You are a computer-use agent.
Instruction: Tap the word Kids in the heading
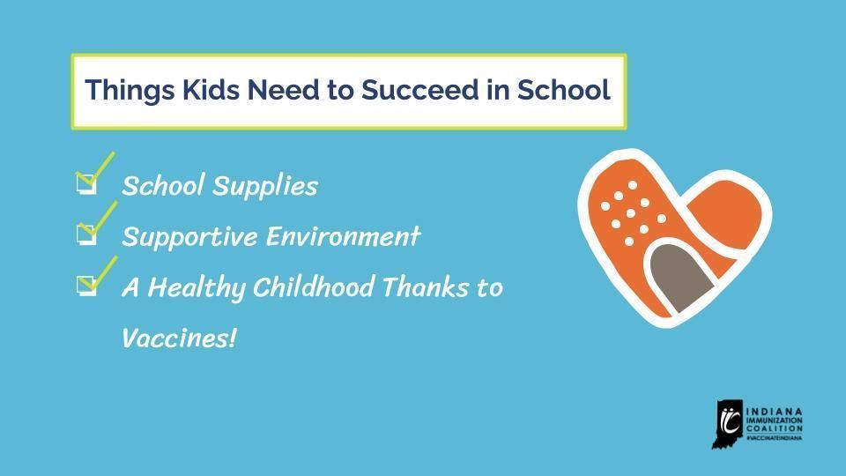tap(188, 91)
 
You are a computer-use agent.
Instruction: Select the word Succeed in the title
tap(393, 91)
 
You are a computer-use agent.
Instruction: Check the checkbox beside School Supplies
tap(85, 184)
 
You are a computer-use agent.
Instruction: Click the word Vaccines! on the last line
tap(179, 338)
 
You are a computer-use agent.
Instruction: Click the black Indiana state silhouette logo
tap(727, 424)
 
